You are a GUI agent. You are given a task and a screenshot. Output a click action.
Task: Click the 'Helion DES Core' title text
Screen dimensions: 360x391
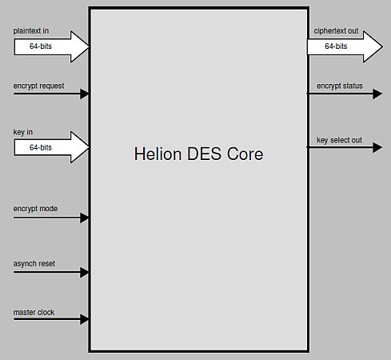tap(198, 154)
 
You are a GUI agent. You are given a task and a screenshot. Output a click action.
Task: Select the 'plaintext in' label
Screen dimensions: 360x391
tap(31, 31)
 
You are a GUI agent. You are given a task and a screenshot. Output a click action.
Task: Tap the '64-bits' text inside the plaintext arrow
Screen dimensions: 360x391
tap(41, 46)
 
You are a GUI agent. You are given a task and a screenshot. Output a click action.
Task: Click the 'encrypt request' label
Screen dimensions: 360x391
tap(39, 86)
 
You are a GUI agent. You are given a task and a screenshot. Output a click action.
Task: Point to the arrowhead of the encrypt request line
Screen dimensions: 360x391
tap(85, 94)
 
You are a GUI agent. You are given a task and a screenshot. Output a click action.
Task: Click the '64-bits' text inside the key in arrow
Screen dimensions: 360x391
tap(41, 147)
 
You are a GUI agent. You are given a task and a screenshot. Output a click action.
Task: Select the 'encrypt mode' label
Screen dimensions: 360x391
tap(36, 209)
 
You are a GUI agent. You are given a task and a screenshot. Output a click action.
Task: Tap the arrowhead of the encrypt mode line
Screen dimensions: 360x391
tap(85, 218)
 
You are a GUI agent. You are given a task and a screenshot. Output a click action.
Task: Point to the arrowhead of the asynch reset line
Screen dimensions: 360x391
tap(85, 272)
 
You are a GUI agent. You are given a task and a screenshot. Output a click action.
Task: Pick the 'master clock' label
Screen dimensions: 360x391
tap(34, 312)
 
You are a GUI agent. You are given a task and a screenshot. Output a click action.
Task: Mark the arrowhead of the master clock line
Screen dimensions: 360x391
tap(85, 320)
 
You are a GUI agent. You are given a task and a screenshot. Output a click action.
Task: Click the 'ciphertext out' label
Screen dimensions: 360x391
tap(336, 32)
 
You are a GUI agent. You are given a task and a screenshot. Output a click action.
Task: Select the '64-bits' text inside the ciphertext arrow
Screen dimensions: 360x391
tap(336, 46)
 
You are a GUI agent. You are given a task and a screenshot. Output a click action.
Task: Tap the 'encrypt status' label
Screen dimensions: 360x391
tap(339, 86)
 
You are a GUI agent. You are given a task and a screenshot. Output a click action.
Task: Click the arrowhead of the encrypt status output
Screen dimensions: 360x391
tap(377, 94)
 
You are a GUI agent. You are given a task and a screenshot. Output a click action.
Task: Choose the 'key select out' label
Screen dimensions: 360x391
tap(339, 140)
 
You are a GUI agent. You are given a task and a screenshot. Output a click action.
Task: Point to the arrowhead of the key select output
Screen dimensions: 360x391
tap(377, 148)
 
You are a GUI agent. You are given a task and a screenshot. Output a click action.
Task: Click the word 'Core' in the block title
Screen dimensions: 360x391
tap(245, 154)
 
